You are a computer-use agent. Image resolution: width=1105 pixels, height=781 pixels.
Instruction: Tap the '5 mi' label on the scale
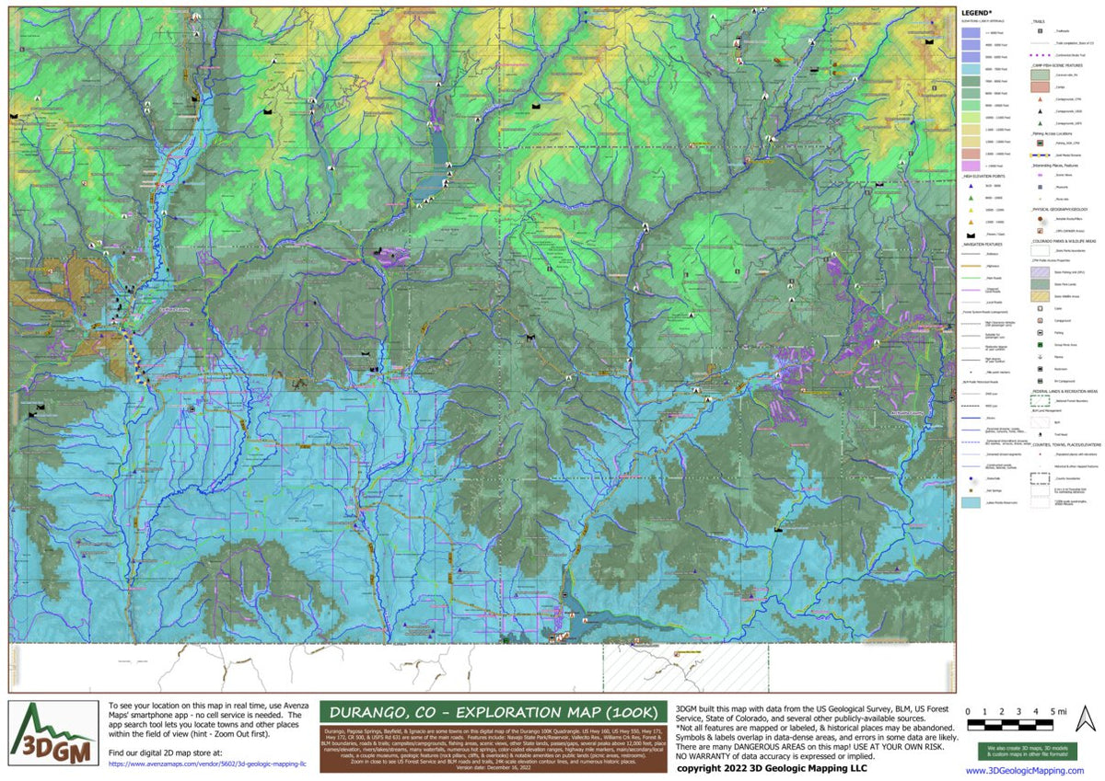pyautogui.click(x=1057, y=711)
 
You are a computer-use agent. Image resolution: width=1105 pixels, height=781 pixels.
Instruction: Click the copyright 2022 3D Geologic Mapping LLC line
pyautogui.click(x=772, y=767)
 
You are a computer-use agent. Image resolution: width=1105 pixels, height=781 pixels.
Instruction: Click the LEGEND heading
pyautogui.click(x=978, y=12)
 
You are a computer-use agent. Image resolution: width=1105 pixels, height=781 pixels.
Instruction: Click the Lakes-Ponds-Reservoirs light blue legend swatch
pyautogui.click(x=971, y=503)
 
